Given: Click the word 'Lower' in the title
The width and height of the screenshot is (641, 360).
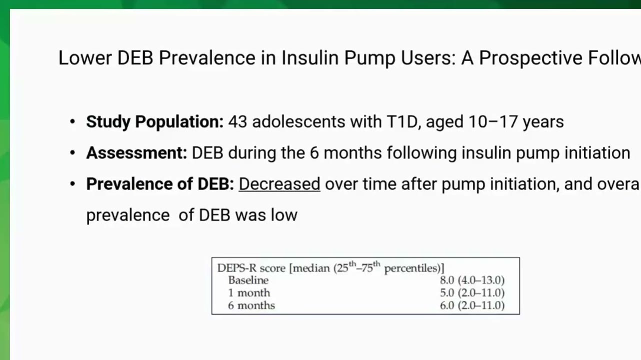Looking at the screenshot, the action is tap(85, 58).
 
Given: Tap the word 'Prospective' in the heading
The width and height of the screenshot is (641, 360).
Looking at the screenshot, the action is tap(530, 58).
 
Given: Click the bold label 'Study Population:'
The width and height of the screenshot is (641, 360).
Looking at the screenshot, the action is tap(155, 122).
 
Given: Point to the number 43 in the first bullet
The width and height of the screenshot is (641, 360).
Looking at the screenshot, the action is tap(237, 121).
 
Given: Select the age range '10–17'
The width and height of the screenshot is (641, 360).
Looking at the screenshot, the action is tap(493, 121).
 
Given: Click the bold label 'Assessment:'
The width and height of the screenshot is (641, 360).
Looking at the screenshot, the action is tap(136, 153).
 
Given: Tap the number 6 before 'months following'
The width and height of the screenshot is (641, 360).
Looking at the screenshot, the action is tap(314, 153).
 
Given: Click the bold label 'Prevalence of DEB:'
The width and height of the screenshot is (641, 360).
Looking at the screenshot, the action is tap(160, 183).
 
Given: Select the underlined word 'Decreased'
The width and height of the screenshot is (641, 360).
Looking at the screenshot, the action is tap(279, 183).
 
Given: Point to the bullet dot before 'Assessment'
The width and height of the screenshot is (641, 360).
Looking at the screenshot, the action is tap(72, 153).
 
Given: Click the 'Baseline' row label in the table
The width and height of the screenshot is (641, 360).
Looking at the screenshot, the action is tap(248, 280).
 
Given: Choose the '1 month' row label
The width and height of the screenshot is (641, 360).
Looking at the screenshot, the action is tap(249, 293).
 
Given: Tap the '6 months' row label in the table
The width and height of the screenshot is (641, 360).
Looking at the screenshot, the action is tap(251, 305).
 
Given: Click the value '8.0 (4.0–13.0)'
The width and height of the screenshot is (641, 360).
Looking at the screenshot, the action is tap(472, 280).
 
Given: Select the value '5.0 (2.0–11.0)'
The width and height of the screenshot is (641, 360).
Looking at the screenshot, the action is tap(472, 293).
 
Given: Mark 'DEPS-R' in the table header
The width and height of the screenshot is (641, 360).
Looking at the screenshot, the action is tap(237, 268).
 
